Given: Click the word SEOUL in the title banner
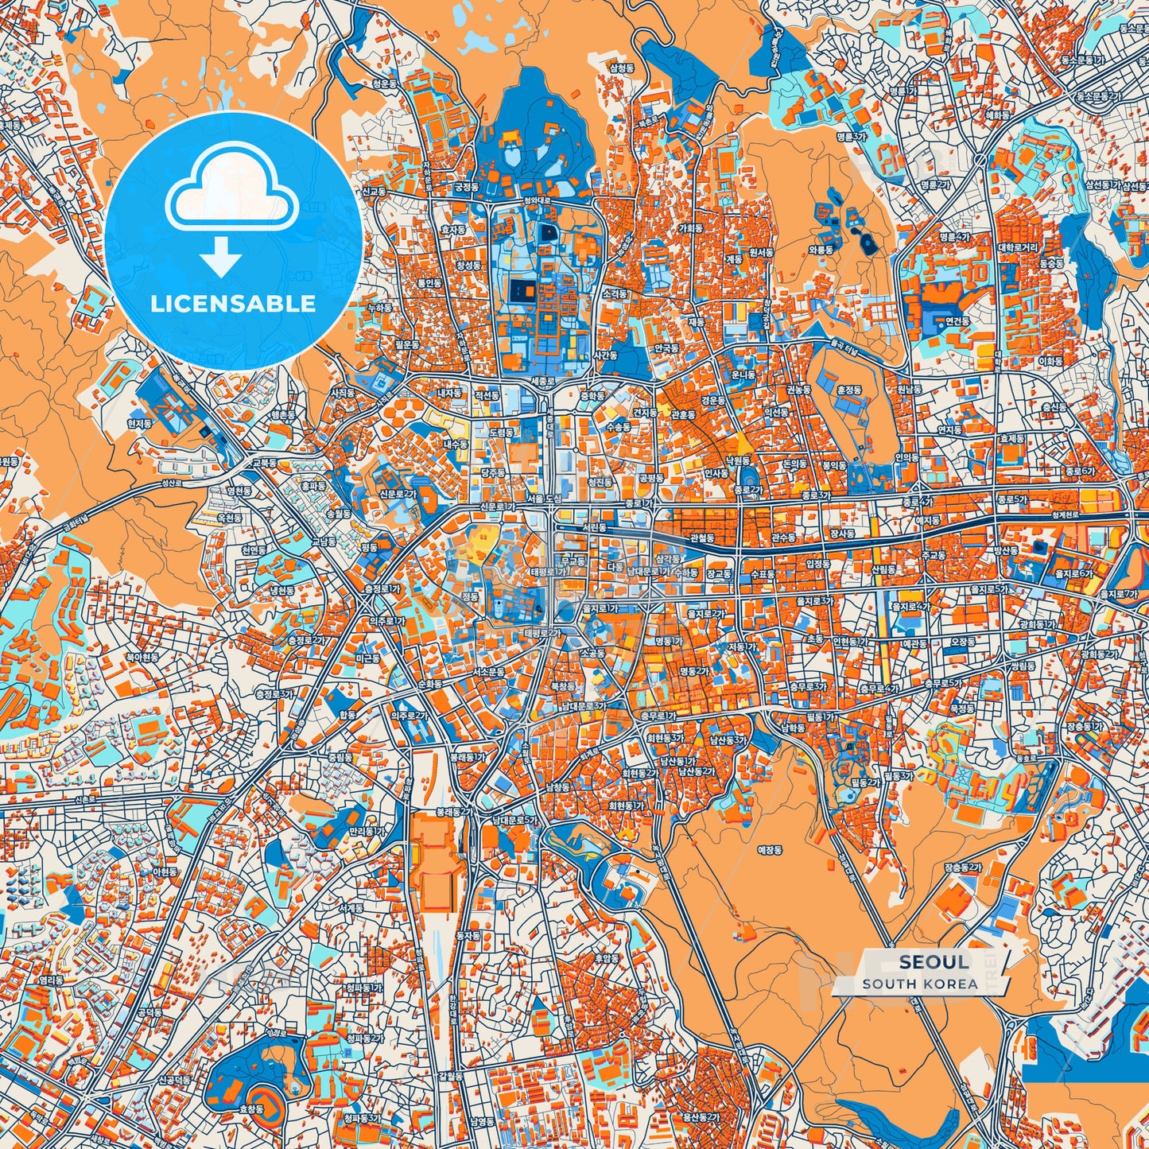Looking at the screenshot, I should (934, 962).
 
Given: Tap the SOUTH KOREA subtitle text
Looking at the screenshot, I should (920, 984).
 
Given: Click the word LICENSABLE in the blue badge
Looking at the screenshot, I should (233, 304).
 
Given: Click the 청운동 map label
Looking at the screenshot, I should (384, 83).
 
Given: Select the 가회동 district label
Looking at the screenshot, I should (690, 227).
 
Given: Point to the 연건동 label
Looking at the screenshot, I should (957, 321).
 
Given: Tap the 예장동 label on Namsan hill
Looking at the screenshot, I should (769, 850).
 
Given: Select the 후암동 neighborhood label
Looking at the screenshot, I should (607, 959).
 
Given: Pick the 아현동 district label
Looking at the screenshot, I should (165, 872).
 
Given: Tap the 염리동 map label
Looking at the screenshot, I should (49, 981).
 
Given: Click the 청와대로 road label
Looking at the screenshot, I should (538, 201).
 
